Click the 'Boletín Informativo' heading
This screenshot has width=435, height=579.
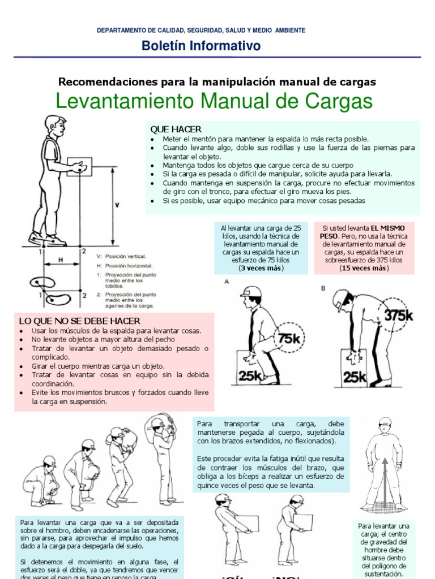[201, 46]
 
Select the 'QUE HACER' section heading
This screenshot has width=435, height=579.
[175, 129]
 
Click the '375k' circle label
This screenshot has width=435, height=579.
[399, 316]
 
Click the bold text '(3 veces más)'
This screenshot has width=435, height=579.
[261, 268]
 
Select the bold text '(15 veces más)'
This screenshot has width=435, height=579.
[364, 268]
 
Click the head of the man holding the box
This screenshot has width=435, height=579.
[55, 125]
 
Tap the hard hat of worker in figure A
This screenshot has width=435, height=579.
[251, 291]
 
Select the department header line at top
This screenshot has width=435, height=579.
[201, 30]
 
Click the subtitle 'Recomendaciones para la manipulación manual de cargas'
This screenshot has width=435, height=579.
[217, 82]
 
